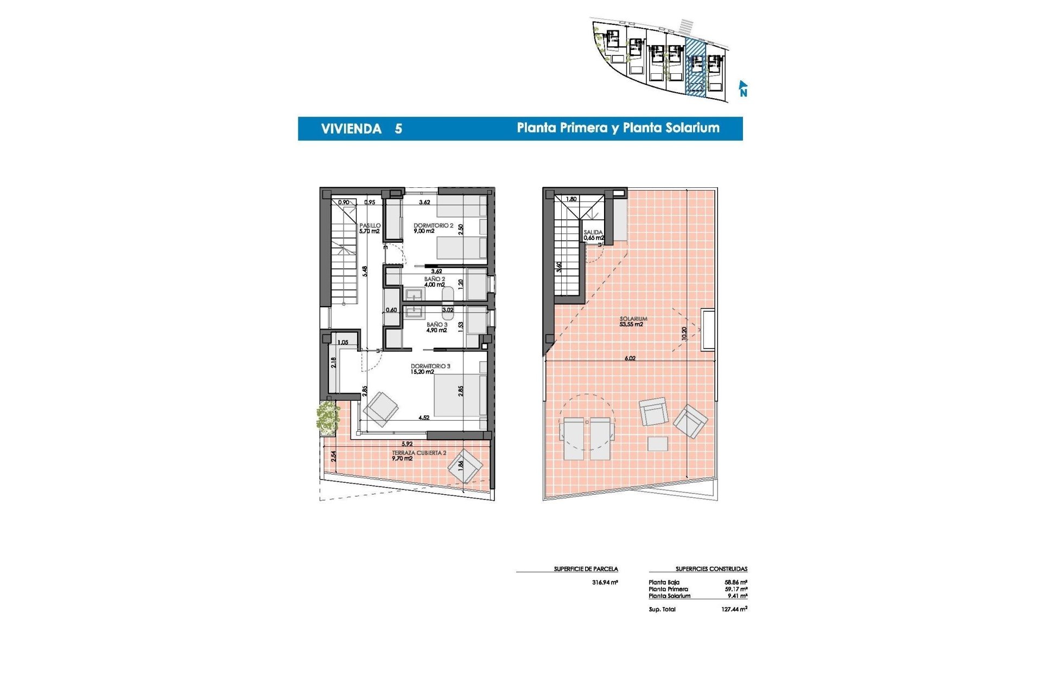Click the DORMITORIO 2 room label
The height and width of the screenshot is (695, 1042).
(433, 228)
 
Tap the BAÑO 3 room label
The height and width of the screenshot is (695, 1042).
(437, 327)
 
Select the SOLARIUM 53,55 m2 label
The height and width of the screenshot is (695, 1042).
(633, 321)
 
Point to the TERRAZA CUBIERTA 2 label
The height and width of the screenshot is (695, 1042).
(419, 455)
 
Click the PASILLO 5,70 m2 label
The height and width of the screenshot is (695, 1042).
(370, 228)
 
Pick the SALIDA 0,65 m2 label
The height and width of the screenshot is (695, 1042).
(593, 235)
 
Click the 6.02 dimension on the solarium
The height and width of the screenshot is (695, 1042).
(630, 358)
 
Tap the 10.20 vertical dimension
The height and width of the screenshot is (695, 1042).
(684, 333)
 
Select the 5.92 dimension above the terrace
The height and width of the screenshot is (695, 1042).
(407, 444)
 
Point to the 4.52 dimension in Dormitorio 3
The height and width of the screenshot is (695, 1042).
(424, 418)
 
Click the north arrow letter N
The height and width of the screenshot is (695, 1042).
(743, 93)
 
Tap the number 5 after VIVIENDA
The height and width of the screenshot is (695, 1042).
(398, 129)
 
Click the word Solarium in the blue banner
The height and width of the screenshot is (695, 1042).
(692, 128)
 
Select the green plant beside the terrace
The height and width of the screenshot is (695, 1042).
(327, 418)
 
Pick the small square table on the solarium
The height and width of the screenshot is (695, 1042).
(658, 444)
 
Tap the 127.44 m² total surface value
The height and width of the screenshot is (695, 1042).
(734, 609)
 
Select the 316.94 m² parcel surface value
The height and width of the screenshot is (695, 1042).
(605, 582)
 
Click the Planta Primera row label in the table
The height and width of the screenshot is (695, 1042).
(668, 589)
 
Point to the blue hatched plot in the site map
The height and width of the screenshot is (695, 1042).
(695, 68)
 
